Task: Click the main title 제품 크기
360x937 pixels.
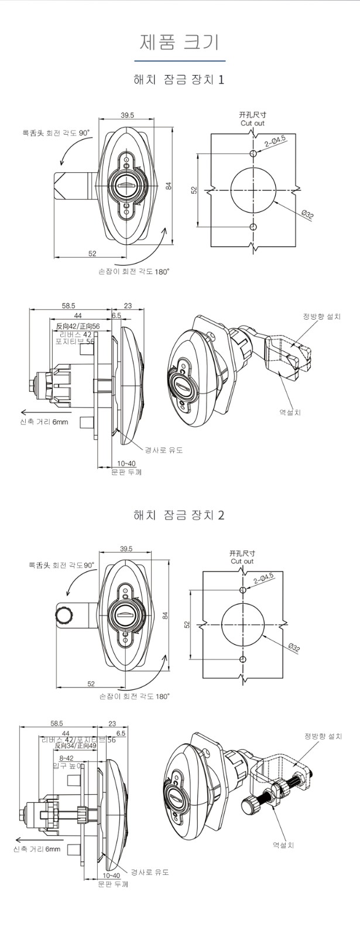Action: click(x=179, y=42)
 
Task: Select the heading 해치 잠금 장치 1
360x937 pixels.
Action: click(x=179, y=79)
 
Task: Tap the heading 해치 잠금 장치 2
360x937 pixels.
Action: click(x=179, y=515)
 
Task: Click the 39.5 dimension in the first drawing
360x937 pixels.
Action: click(x=128, y=115)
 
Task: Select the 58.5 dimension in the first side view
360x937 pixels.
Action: click(x=68, y=306)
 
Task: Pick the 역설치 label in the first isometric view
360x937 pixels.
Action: click(x=290, y=412)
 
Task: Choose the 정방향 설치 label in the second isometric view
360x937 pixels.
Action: click(x=323, y=736)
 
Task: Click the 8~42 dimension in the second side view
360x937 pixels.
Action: click(x=66, y=758)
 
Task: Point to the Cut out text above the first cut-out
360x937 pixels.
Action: click(x=252, y=124)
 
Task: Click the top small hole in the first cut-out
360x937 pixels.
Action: click(x=253, y=153)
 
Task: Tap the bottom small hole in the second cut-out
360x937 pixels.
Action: click(x=244, y=660)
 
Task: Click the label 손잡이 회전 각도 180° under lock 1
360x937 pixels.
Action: click(x=134, y=272)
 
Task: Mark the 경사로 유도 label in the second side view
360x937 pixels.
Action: click(x=149, y=872)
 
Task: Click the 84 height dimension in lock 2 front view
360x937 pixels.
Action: click(x=165, y=615)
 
